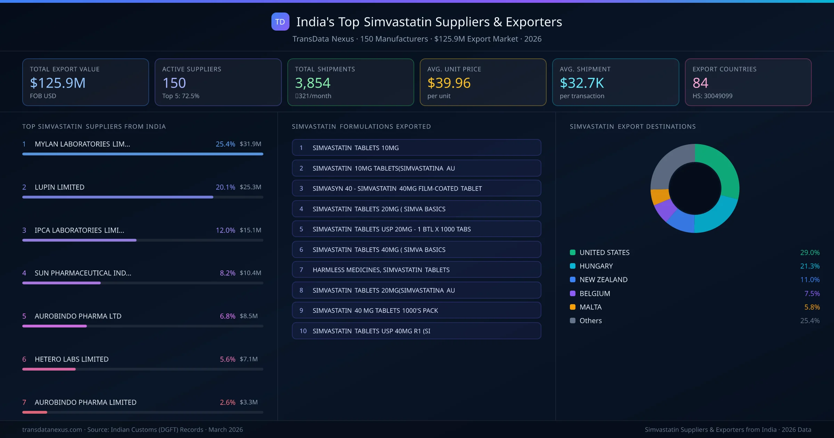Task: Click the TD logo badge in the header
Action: pyautogui.click(x=280, y=22)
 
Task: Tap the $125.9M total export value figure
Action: pyautogui.click(x=58, y=83)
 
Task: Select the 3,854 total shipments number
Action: pyautogui.click(x=312, y=83)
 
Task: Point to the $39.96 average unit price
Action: pyautogui.click(x=449, y=83)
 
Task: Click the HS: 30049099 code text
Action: pyautogui.click(x=712, y=96)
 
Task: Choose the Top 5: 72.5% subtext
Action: pyautogui.click(x=181, y=96)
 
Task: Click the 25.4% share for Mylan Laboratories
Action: pyautogui.click(x=225, y=144)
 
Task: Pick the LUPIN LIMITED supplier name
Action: pyautogui.click(x=59, y=187)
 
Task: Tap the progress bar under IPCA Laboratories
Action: pyautogui.click(x=79, y=240)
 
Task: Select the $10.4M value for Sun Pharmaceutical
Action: pyautogui.click(x=250, y=273)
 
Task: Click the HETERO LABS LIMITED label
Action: pyautogui.click(x=72, y=359)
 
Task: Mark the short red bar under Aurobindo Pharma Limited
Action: pyautogui.click(x=35, y=412)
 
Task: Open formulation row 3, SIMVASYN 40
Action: pyautogui.click(x=416, y=188)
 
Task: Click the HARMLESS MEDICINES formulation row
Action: pyautogui.click(x=416, y=270)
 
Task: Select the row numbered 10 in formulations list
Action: pyautogui.click(x=416, y=331)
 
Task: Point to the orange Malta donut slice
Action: pyautogui.click(x=659, y=196)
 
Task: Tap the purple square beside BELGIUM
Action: pyautogui.click(x=573, y=293)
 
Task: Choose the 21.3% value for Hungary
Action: pyautogui.click(x=810, y=266)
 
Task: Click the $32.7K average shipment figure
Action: pyautogui.click(x=582, y=83)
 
